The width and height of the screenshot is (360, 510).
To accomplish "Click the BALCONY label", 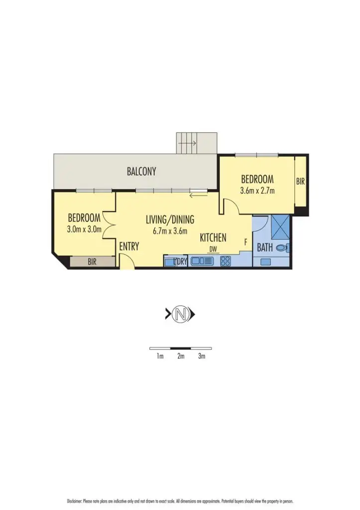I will pyautogui.click(x=141, y=171).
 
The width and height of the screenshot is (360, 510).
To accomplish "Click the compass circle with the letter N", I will pyautogui.click(x=180, y=314).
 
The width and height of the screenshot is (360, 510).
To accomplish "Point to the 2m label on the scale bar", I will pyautogui.click(x=180, y=356).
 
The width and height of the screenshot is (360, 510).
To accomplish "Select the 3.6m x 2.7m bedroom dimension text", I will pyautogui.click(x=257, y=190).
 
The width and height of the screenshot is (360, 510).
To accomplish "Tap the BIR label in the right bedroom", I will pyautogui.click(x=300, y=182).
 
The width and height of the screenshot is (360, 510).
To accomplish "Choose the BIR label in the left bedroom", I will pyautogui.click(x=92, y=261).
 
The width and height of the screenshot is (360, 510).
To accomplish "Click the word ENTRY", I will pyautogui.click(x=129, y=247).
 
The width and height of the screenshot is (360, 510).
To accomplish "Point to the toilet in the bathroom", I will pyautogui.click(x=282, y=247).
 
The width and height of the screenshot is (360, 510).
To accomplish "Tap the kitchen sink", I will pyautogui.click(x=202, y=260).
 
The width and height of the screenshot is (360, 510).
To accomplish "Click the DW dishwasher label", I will pyautogui.click(x=213, y=249).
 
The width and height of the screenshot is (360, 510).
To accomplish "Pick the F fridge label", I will pyautogui.click(x=245, y=242).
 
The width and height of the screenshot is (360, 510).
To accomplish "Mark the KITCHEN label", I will pyautogui.click(x=213, y=238).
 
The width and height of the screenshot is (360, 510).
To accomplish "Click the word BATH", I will pyautogui.click(x=264, y=247).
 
